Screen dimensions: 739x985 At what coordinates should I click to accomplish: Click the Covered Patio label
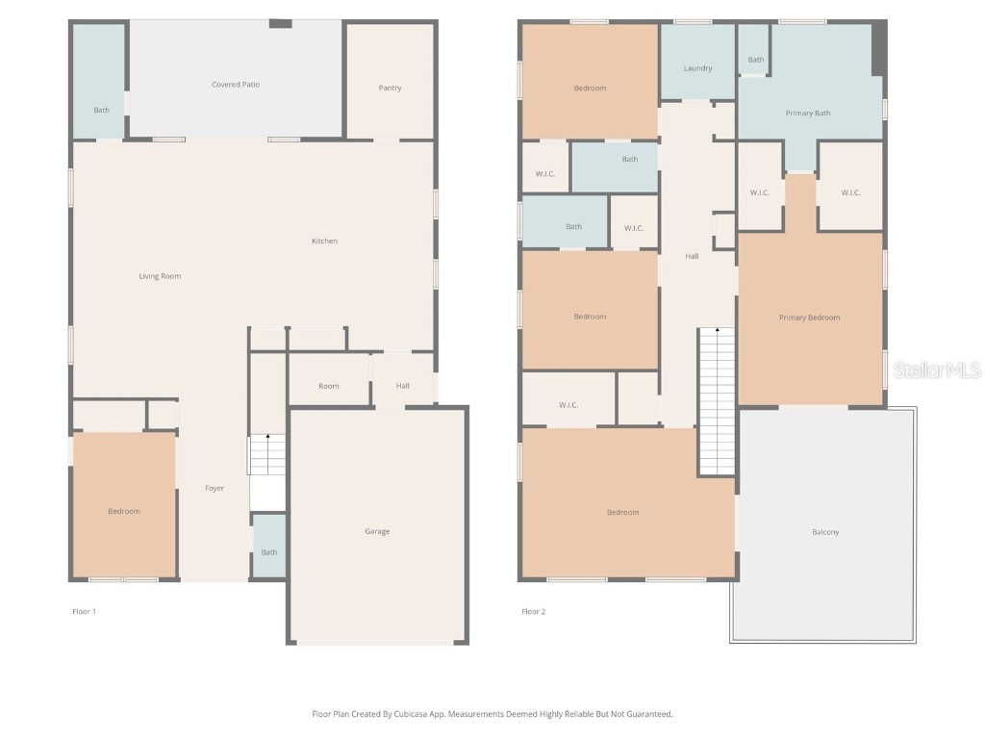tap(236, 85)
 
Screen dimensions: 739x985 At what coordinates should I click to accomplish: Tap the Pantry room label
tap(390, 89)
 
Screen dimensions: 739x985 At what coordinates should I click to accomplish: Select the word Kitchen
tap(324, 242)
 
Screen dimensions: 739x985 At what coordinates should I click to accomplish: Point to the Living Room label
tap(160, 277)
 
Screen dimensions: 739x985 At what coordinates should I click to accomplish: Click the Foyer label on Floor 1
tap(215, 489)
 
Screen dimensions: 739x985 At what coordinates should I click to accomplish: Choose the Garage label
tap(377, 532)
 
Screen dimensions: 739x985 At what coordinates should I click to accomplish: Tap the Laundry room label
tap(697, 69)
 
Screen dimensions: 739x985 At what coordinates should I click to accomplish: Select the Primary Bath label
tap(808, 114)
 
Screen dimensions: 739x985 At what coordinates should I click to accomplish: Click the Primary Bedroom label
tap(809, 318)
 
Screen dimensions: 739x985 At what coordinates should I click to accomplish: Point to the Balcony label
tap(825, 532)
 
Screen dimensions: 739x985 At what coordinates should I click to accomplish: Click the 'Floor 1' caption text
tap(85, 612)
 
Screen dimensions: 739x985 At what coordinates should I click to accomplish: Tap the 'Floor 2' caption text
tap(534, 612)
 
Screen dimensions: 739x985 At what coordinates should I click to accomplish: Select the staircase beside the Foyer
tap(267, 455)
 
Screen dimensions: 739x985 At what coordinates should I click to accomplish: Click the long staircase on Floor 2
tap(717, 401)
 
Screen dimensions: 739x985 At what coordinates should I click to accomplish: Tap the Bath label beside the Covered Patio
tap(101, 111)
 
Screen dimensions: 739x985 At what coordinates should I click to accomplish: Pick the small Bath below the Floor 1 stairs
tap(269, 552)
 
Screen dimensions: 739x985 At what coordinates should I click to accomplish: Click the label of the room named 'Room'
tap(329, 387)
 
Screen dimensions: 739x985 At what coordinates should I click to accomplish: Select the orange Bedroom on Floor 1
tap(124, 511)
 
